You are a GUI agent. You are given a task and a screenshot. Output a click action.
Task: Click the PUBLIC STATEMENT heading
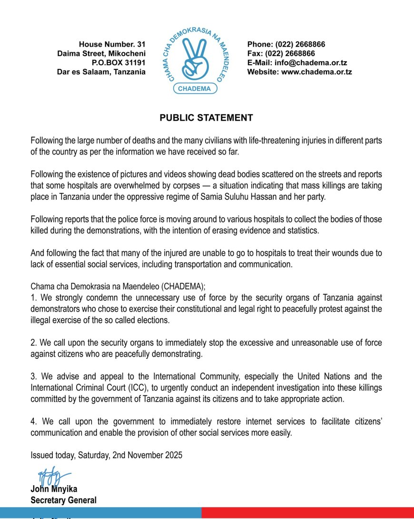pos(206,118)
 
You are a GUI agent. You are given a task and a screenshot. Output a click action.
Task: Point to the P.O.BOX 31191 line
pos(118,63)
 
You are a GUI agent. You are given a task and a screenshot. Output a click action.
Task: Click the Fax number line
pos(281,54)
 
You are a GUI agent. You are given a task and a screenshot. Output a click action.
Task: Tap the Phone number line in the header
pos(286,44)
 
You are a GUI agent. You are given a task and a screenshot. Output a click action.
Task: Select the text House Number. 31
pos(112,44)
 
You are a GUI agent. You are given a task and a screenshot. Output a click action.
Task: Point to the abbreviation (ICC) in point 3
pos(122,388)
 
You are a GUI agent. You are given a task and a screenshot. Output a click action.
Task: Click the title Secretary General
pos(63,500)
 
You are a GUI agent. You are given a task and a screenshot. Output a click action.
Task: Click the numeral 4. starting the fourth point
pos(33,422)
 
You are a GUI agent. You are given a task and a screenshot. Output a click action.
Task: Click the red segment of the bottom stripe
pos(307,513)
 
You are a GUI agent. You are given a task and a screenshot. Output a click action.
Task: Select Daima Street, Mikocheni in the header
pos(101,54)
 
